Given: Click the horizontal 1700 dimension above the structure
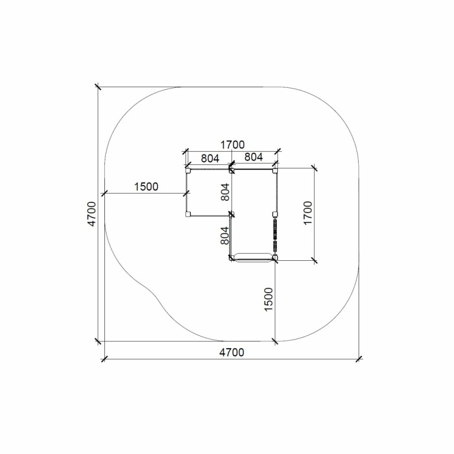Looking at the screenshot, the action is [233, 144].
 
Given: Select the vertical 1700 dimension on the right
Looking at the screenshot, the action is [308, 213].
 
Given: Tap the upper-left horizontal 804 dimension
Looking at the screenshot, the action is [210, 158].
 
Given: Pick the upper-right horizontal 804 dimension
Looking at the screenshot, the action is [254, 157].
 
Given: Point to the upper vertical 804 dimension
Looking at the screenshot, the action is [225, 192].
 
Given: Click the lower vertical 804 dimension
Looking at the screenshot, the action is [224, 236].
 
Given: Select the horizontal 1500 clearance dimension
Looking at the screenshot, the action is [146, 187].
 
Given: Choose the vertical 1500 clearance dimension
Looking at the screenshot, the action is [269, 299].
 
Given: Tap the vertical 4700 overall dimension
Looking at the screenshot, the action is [92, 214].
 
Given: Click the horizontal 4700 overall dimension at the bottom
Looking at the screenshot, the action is [232, 353].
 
